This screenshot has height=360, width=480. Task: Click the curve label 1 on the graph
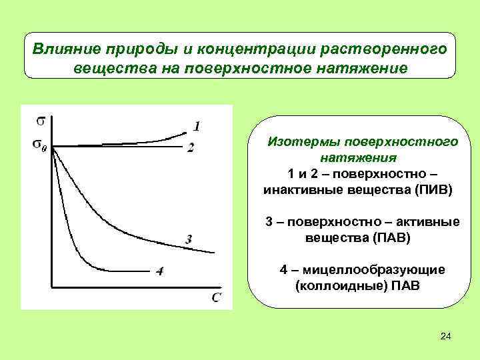coord(197,125)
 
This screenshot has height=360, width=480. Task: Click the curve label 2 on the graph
coord(191,148)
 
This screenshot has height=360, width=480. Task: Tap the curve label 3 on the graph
coord(189,239)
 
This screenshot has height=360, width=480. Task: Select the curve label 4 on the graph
coord(160,271)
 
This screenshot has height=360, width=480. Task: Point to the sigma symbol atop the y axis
coord(41,121)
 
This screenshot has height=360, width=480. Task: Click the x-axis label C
coord(217,296)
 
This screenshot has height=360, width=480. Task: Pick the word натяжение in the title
coord(364,69)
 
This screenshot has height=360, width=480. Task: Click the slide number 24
coord(446,337)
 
